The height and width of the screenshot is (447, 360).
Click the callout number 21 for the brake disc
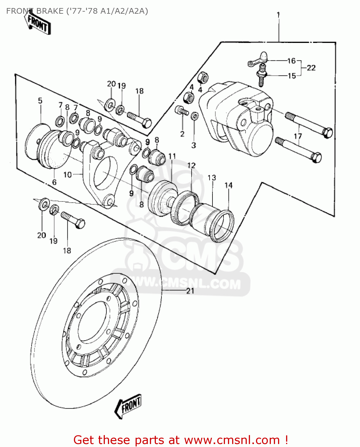[x=190, y=291]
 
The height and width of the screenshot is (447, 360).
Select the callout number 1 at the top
[x=278, y=15]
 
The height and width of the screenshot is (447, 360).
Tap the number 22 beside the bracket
[x=311, y=68]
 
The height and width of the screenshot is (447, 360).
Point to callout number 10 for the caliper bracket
[x=68, y=175]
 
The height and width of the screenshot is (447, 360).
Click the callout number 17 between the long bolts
[x=298, y=136]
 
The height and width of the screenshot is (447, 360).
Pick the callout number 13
[x=212, y=178]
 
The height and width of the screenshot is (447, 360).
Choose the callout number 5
[x=40, y=101]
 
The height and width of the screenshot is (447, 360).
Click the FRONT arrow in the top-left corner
[x=38, y=23]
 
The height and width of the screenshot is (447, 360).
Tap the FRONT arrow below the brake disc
[x=128, y=406]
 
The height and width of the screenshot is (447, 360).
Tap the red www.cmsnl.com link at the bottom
[x=232, y=440]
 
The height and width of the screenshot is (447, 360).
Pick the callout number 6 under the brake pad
[x=54, y=182]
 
